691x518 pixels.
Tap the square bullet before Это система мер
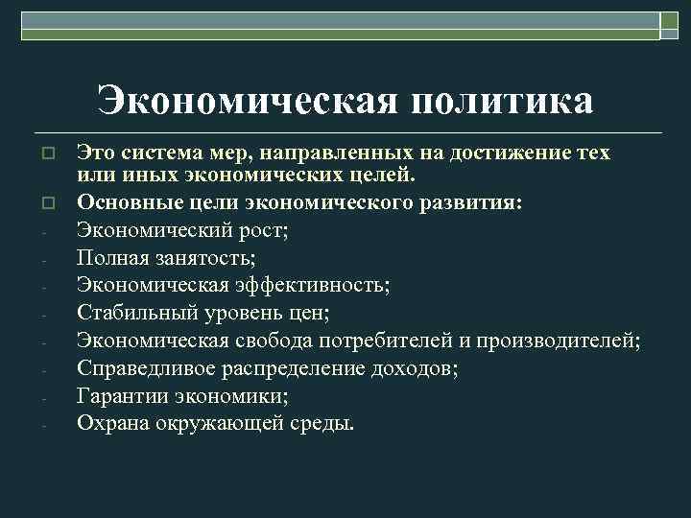[x=45, y=153]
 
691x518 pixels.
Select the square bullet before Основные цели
[x=45, y=202]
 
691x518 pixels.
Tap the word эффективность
[x=318, y=285]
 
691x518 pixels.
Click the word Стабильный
[x=135, y=312]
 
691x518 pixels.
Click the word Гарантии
[x=122, y=395]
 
